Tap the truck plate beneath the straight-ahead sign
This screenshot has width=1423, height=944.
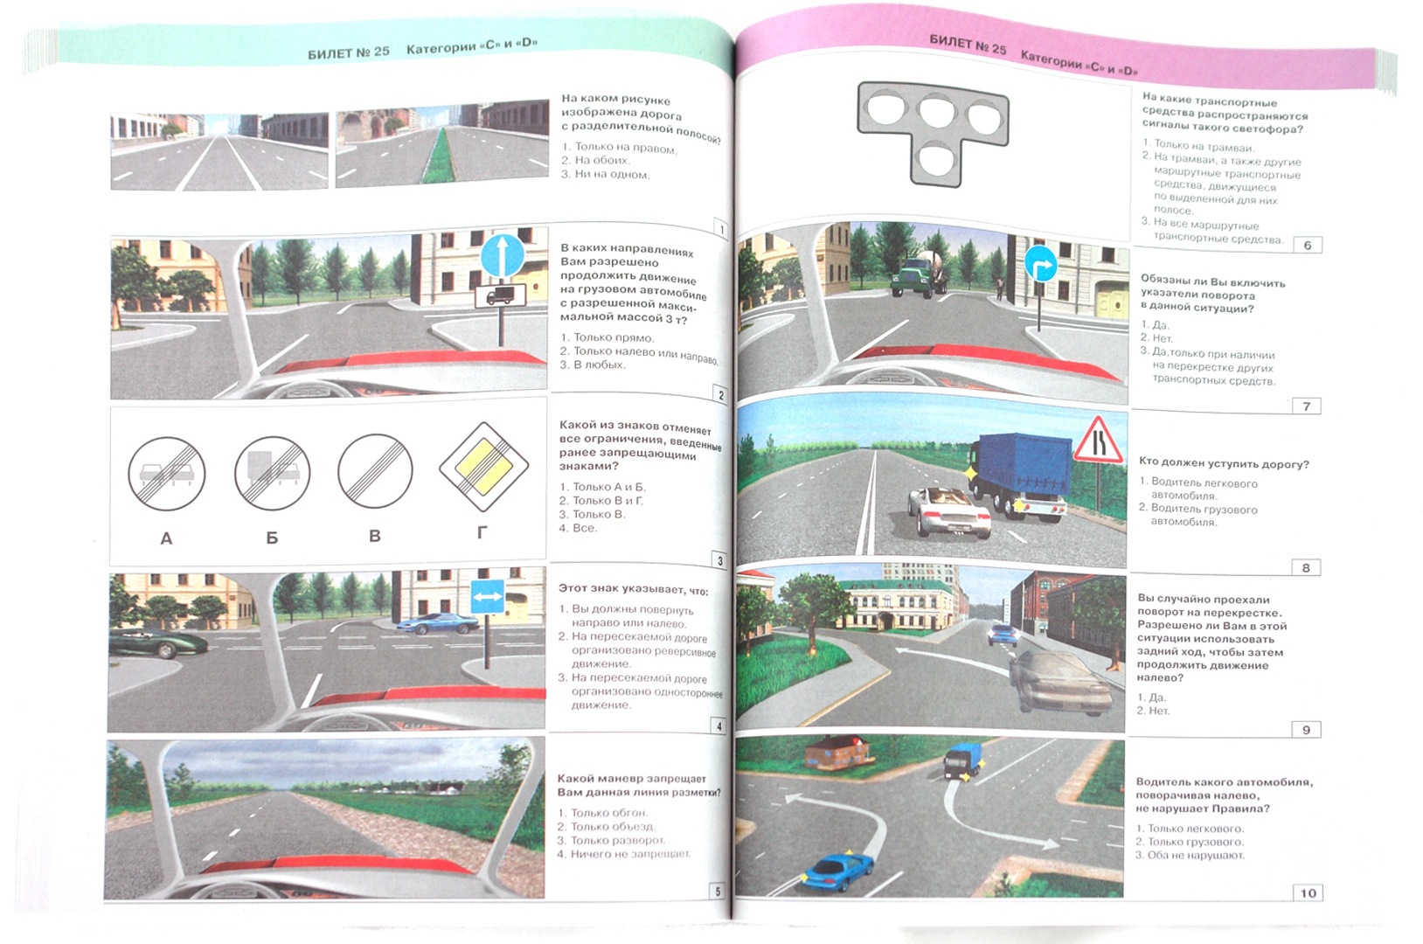coord(501,296)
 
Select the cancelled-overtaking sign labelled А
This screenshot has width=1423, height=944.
coord(166,474)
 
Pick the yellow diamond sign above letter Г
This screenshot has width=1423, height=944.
coord(484,467)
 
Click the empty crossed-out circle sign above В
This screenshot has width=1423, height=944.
coord(376,471)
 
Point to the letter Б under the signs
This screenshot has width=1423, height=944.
coord(272,538)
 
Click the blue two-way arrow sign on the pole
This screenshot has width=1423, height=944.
coord(487,596)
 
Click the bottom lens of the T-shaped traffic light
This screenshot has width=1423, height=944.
coord(936,159)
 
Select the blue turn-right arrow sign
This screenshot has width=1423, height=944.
coord(1040,264)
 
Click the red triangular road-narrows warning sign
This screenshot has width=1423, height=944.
coord(1099,441)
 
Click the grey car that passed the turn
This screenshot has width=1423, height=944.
coord(1058,683)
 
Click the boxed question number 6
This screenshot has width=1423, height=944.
coord(1308,246)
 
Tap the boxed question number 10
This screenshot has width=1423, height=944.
coord(1308,892)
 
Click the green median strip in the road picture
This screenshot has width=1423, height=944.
coord(440,157)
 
